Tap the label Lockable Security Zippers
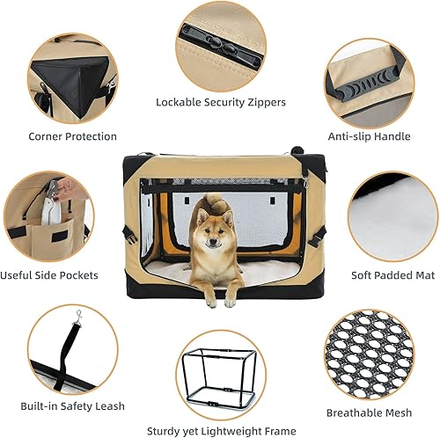tap(221, 102)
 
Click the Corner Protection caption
tap(72, 136)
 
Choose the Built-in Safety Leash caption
tap(76, 405)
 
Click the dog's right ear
tap(201, 215)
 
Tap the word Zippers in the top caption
tap(265, 102)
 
